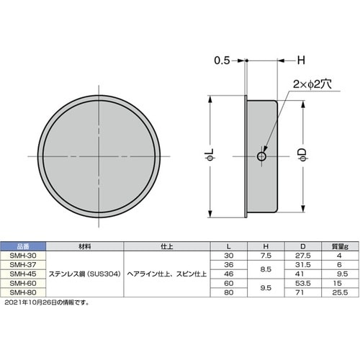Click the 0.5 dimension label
tap(222, 60)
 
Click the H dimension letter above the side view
tap(301, 60)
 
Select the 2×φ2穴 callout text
tap(312, 84)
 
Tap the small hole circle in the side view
tap(261, 156)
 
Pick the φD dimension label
tap(302, 155)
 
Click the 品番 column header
tap(23, 246)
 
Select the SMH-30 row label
tap(23, 256)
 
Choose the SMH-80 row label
tap(23, 292)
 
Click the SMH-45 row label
tap(23, 274)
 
